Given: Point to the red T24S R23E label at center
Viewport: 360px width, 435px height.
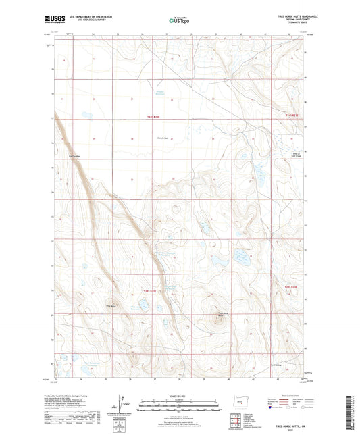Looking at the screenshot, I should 154,117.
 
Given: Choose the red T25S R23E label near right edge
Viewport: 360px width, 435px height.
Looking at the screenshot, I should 290,288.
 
